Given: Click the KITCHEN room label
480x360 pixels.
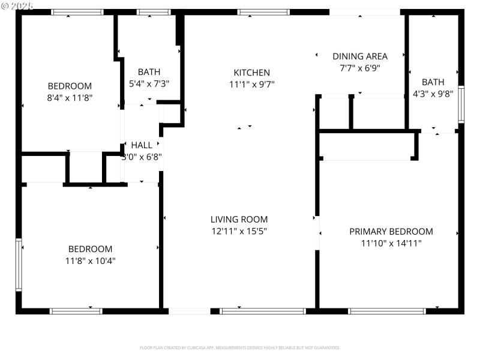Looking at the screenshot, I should coord(251,73).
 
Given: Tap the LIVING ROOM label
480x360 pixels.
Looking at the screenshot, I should coord(239,220).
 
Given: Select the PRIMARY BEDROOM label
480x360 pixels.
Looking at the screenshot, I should coord(391,232).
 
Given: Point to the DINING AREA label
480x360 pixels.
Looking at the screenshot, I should coord(360,56).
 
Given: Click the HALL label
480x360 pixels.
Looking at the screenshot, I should coord(142,145).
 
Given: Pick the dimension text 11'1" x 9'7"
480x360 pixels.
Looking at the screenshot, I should coord(251,85).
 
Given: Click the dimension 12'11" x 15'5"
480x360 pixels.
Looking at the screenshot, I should coord(239,231).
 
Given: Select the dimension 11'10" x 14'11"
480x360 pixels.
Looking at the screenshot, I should coord(391,243).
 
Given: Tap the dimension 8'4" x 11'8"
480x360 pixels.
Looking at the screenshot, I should coord(70,97).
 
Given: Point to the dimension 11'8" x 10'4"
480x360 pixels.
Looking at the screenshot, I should coord(90,260).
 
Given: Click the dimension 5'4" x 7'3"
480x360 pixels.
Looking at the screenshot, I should coord(149,84).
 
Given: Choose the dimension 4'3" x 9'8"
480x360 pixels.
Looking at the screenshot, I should coord(433,94).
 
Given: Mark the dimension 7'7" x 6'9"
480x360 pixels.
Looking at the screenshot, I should coord(360,68).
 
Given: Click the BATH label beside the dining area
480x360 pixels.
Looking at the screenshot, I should coord(433,82).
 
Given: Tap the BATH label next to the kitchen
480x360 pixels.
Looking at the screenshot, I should coord(149,72).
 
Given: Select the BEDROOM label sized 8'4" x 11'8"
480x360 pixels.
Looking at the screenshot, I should coord(70,86).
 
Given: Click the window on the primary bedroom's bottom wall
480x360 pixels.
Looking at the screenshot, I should coord(387,311).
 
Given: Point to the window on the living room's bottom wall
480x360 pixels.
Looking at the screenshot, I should coord(263,311).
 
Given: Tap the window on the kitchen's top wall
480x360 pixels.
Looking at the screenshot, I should coord(264,11).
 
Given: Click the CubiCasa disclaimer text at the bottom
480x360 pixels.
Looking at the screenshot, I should coord(240,347).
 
